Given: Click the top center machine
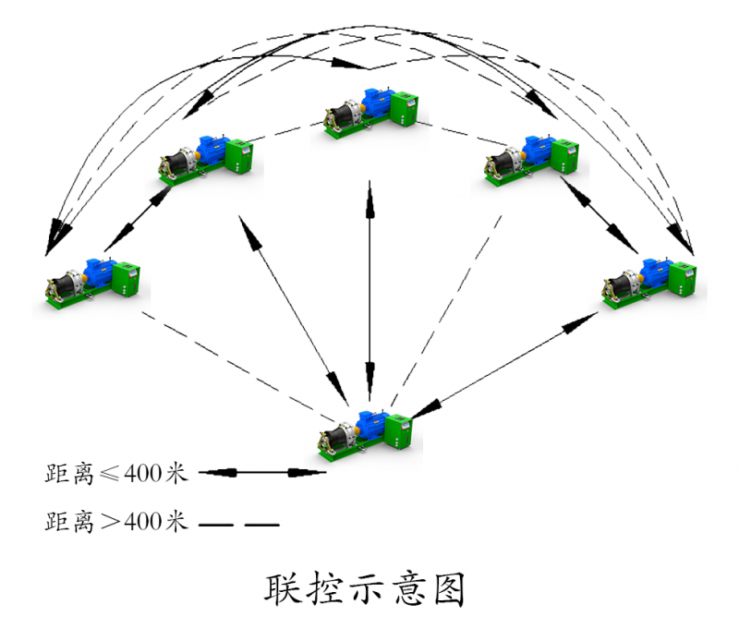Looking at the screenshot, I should click(x=369, y=113).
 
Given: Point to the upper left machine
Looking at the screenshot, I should click(x=205, y=157).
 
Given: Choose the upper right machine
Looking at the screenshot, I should click(x=531, y=157).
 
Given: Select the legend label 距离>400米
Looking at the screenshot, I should click(x=116, y=523).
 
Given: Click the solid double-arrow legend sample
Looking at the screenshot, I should click(x=263, y=474).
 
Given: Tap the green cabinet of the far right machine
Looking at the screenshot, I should click(x=684, y=278).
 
